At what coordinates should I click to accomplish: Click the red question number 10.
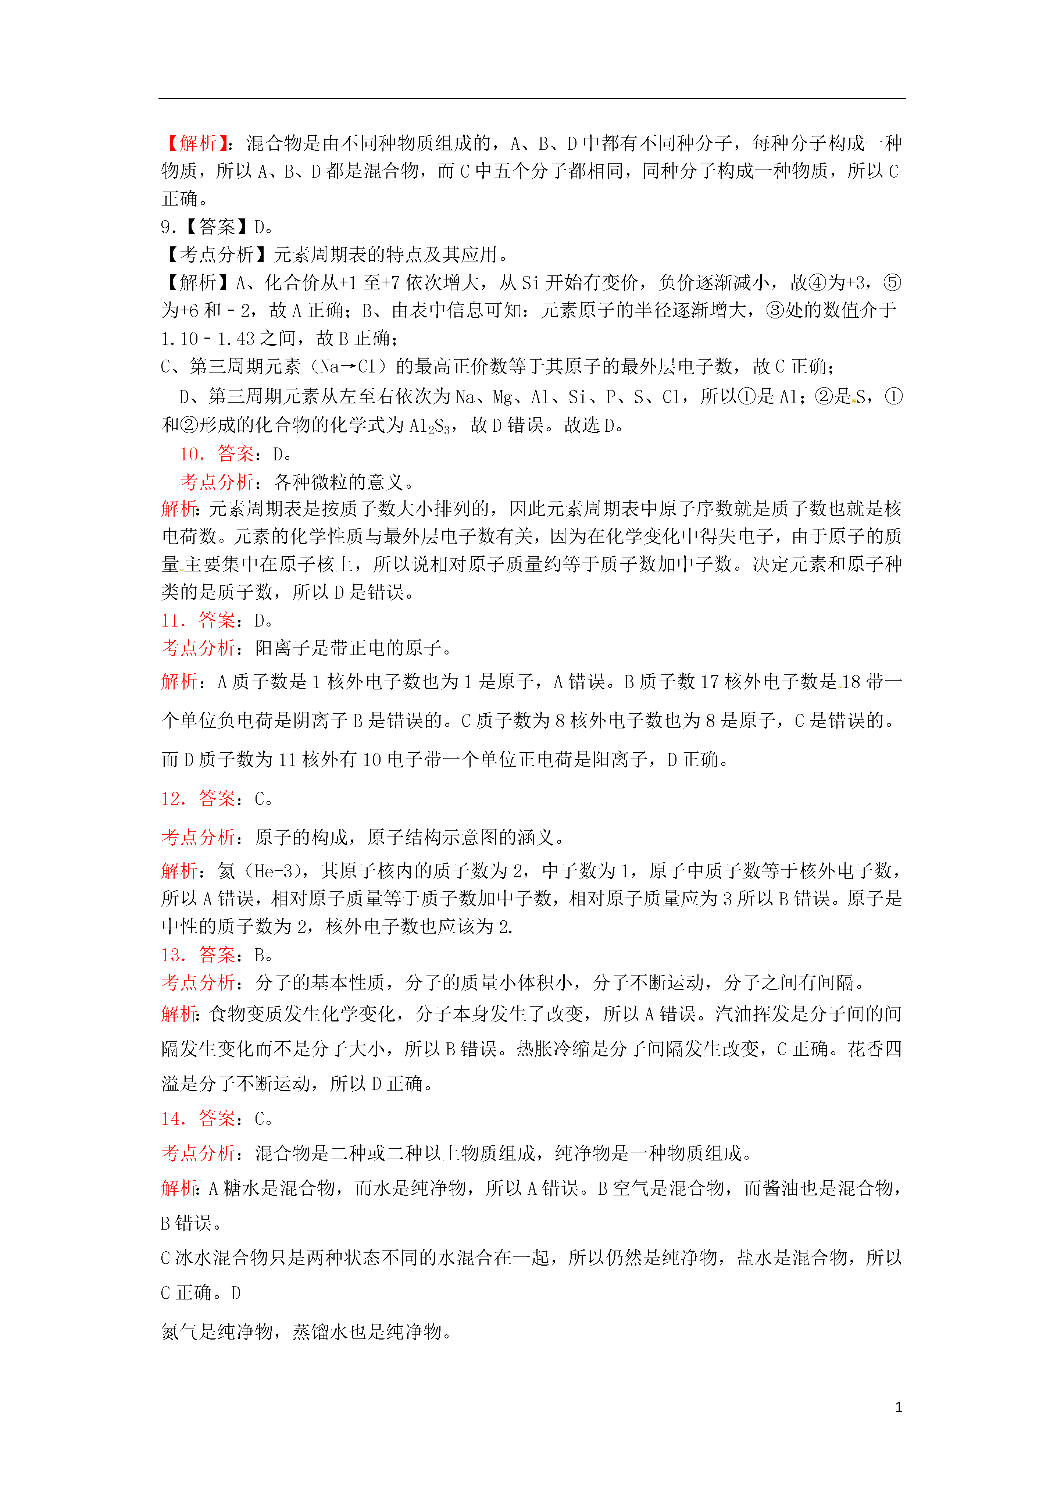pos(192,454)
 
